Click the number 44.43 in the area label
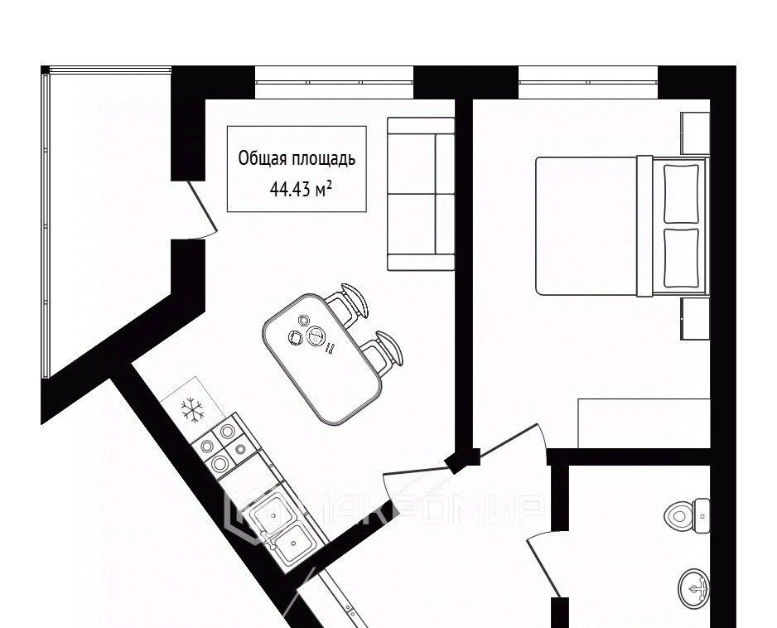[x=291, y=189]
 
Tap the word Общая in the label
[x=262, y=158]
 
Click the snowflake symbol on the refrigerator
[x=192, y=410]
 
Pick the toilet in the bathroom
[x=687, y=515]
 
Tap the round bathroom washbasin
[x=694, y=588]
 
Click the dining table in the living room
[x=322, y=359]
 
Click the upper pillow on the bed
[x=681, y=193]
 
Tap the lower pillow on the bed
[x=681, y=258]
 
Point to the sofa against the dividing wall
[x=421, y=194]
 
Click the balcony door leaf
[x=202, y=208]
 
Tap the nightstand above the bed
[x=695, y=133]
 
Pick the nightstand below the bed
[x=695, y=318]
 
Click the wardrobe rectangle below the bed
[x=644, y=423]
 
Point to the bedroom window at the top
[x=588, y=82]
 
